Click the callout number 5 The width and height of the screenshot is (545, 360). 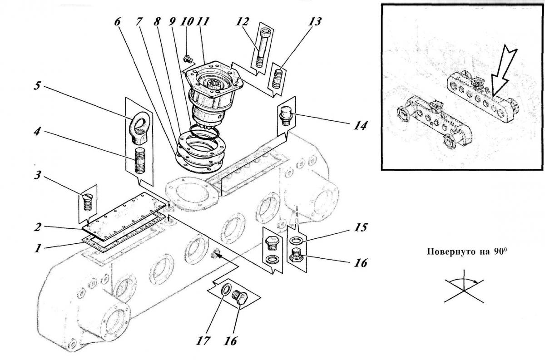click(37, 86)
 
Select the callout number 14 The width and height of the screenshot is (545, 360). click(360, 126)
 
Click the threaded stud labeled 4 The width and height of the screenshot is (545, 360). click(139, 161)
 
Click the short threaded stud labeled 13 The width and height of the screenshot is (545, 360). click(277, 79)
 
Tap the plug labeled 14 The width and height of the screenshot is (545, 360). click(286, 116)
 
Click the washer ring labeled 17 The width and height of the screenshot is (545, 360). click(226, 290)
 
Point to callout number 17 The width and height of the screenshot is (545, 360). click(203, 341)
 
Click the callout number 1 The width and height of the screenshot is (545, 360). click(37, 248)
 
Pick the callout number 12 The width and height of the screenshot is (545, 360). click(242, 22)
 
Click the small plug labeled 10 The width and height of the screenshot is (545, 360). click(188, 59)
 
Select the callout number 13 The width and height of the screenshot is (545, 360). click(315, 22)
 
